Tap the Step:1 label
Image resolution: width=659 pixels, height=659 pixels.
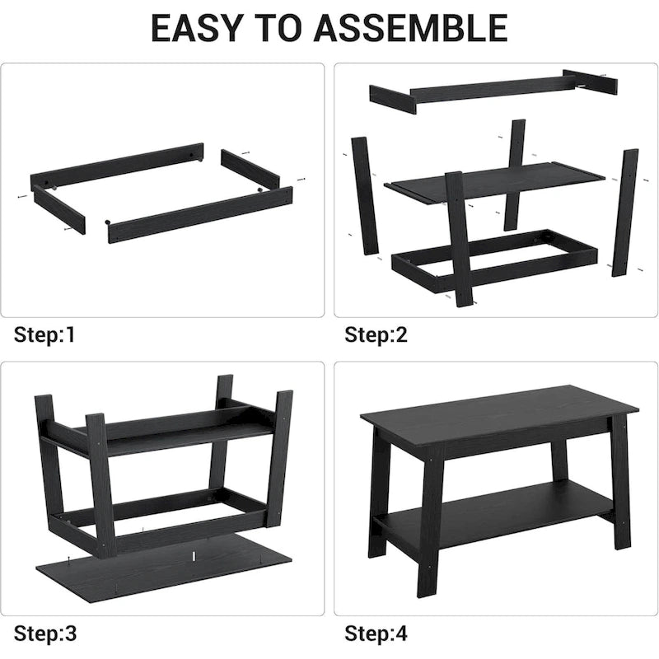coord(44,334)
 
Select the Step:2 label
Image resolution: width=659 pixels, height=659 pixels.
coord(376,334)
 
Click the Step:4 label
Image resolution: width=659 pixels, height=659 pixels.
coord(376,633)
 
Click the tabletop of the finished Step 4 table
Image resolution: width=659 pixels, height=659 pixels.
coord(498,409)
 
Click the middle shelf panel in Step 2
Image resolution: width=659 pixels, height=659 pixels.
coord(494,180)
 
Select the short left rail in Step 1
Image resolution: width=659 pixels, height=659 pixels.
coord(58,210)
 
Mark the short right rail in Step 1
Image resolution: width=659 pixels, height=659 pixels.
coord(250,168)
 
